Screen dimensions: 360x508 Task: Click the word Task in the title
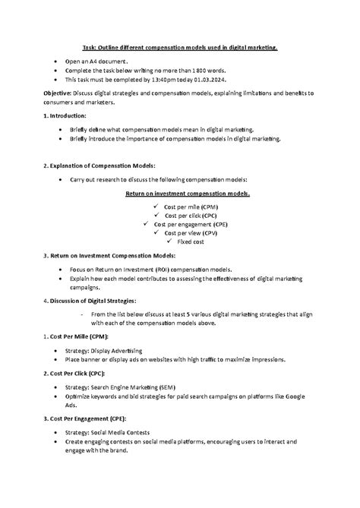tap(90, 46)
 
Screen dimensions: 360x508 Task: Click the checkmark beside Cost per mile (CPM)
tap(156, 205)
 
